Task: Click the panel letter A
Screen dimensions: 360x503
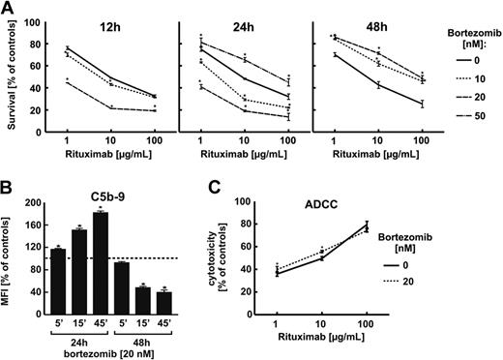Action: click(9, 9)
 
